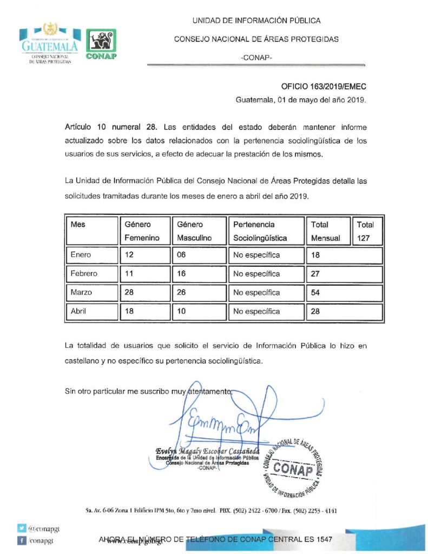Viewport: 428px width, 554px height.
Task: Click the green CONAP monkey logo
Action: (101, 44)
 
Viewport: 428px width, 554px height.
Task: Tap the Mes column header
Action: (78, 225)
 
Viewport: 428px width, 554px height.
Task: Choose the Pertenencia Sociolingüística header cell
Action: (260, 231)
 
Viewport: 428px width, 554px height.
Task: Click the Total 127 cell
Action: (365, 231)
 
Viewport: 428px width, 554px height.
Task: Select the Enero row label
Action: (81, 255)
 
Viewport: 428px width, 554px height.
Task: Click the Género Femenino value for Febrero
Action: (129, 274)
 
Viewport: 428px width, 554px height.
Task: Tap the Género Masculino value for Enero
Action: (183, 255)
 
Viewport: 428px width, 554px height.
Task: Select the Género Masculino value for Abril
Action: (183, 312)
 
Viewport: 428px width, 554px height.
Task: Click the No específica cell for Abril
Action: (256, 312)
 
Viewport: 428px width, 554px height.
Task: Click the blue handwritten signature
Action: (227, 419)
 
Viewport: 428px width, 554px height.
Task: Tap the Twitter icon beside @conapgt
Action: (22, 528)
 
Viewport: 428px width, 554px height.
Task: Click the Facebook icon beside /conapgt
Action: (22, 540)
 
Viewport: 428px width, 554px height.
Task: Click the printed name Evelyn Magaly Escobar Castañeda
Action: (207, 451)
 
